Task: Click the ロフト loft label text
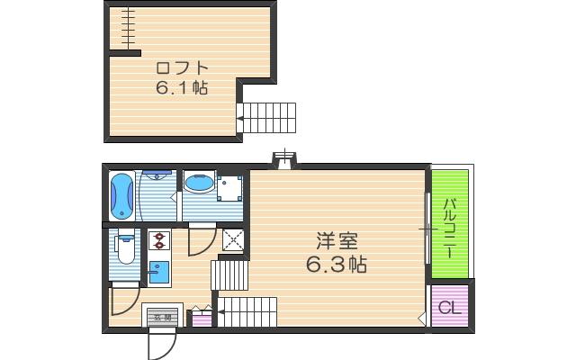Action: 182,68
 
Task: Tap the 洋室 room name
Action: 337,241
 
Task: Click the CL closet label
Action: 449,306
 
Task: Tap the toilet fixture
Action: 126,247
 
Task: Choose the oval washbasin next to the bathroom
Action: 198,184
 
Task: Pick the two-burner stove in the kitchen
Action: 159,240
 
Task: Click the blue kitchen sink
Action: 158,270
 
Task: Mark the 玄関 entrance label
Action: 161,317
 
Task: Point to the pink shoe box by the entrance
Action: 200,318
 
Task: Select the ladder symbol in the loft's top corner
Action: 128,28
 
